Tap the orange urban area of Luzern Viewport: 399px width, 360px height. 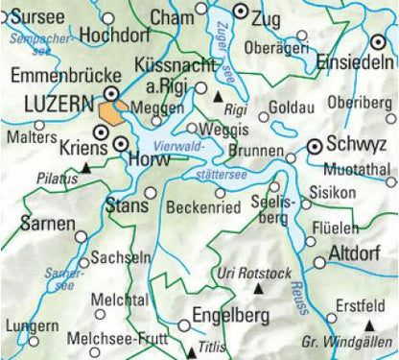[108, 108]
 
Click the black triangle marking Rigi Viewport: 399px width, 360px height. [219, 98]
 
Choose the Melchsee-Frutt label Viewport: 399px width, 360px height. [120, 339]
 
